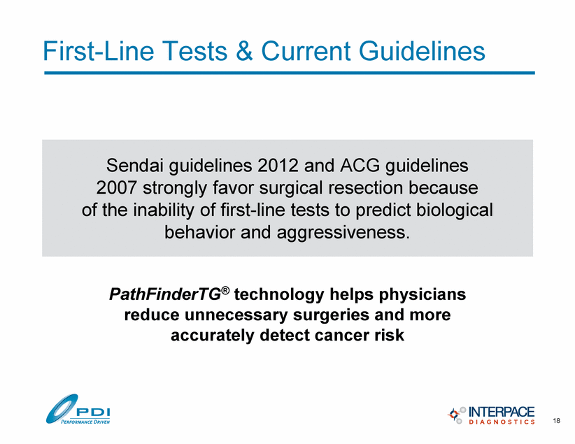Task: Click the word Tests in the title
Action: (195, 50)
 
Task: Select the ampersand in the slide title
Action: (244, 50)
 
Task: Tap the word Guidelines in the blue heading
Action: (422, 50)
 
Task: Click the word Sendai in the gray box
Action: (134, 165)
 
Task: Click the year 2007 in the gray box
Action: (117, 187)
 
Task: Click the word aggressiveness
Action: (343, 233)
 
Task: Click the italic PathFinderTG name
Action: (165, 294)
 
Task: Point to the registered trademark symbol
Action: (225, 290)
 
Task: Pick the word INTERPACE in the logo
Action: (502, 412)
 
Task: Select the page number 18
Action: (556, 420)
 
